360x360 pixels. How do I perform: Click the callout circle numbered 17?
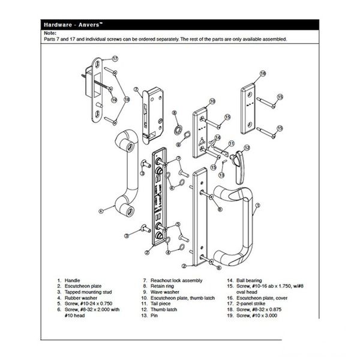click(x=115, y=59)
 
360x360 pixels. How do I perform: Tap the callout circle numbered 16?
click(x=263, y=73)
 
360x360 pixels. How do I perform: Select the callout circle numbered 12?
click(x=247, y=148)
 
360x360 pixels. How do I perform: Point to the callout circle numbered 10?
click(x=212, y=101)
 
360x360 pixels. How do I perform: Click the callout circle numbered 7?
click(x=136, y=89)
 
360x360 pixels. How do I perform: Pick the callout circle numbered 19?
click(x=114, y=100)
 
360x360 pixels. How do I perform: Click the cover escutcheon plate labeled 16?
click(x=248, y=109)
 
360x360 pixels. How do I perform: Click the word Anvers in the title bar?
click(x=89, y=25)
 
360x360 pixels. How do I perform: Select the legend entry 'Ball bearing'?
click(x=249, y=280)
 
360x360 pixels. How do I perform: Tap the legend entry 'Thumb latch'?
click(x=164, y=310)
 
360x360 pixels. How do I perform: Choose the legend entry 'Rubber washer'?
click(x=81, y=298)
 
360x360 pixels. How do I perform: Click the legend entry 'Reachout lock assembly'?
click(x=176, y=280)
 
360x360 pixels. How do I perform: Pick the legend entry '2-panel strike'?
click(x=250, y=304)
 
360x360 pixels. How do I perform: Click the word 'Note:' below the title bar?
click(x=50, y=33)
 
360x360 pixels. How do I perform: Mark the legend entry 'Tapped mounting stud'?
click(x=88, y=292)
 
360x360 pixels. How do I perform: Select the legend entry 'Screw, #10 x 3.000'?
click(x=257, y=316)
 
